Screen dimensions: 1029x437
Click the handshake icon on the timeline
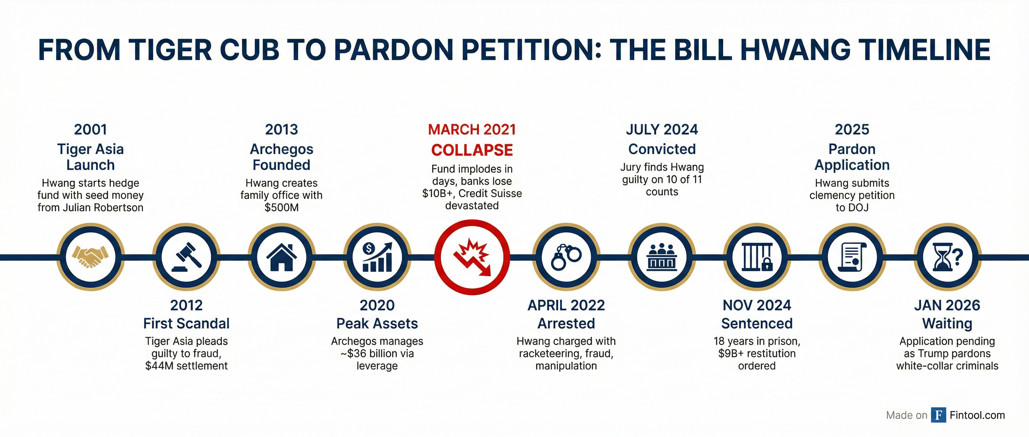click(x=90, y=257)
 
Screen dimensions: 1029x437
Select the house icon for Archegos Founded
click(x=282, y=257)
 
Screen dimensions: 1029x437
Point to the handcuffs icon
click(x=566, y=257)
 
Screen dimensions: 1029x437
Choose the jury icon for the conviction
click(x=662, y=257)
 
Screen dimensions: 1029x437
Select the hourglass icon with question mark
click(x=947, y=257)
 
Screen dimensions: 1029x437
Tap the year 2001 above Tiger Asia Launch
click(x=91, y=129)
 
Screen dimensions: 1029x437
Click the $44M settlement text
click(x=186, y=366)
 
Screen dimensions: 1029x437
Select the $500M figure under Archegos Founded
click(x=282, y=207)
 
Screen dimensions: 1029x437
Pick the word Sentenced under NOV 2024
click(x=757, y=323)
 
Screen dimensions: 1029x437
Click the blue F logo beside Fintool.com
click(x=938, y=415)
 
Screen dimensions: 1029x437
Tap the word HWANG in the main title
click(x=794, y=50)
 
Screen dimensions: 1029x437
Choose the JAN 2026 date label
click(x=947, y=305)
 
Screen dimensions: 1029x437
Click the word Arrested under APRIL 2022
click(x=566, y=323)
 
